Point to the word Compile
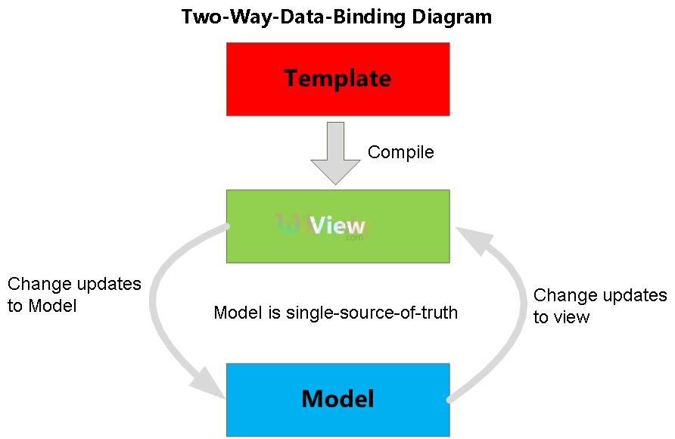[x=400, y=152]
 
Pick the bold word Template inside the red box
[x=337, y=78]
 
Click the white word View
[x=337, y=225]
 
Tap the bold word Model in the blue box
[x=337, y=398]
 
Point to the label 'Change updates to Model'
[x=74, y=295]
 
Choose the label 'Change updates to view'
[x=599, y=306]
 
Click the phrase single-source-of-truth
[x=372, y=313]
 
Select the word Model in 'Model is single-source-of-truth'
[x=237, y=313]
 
